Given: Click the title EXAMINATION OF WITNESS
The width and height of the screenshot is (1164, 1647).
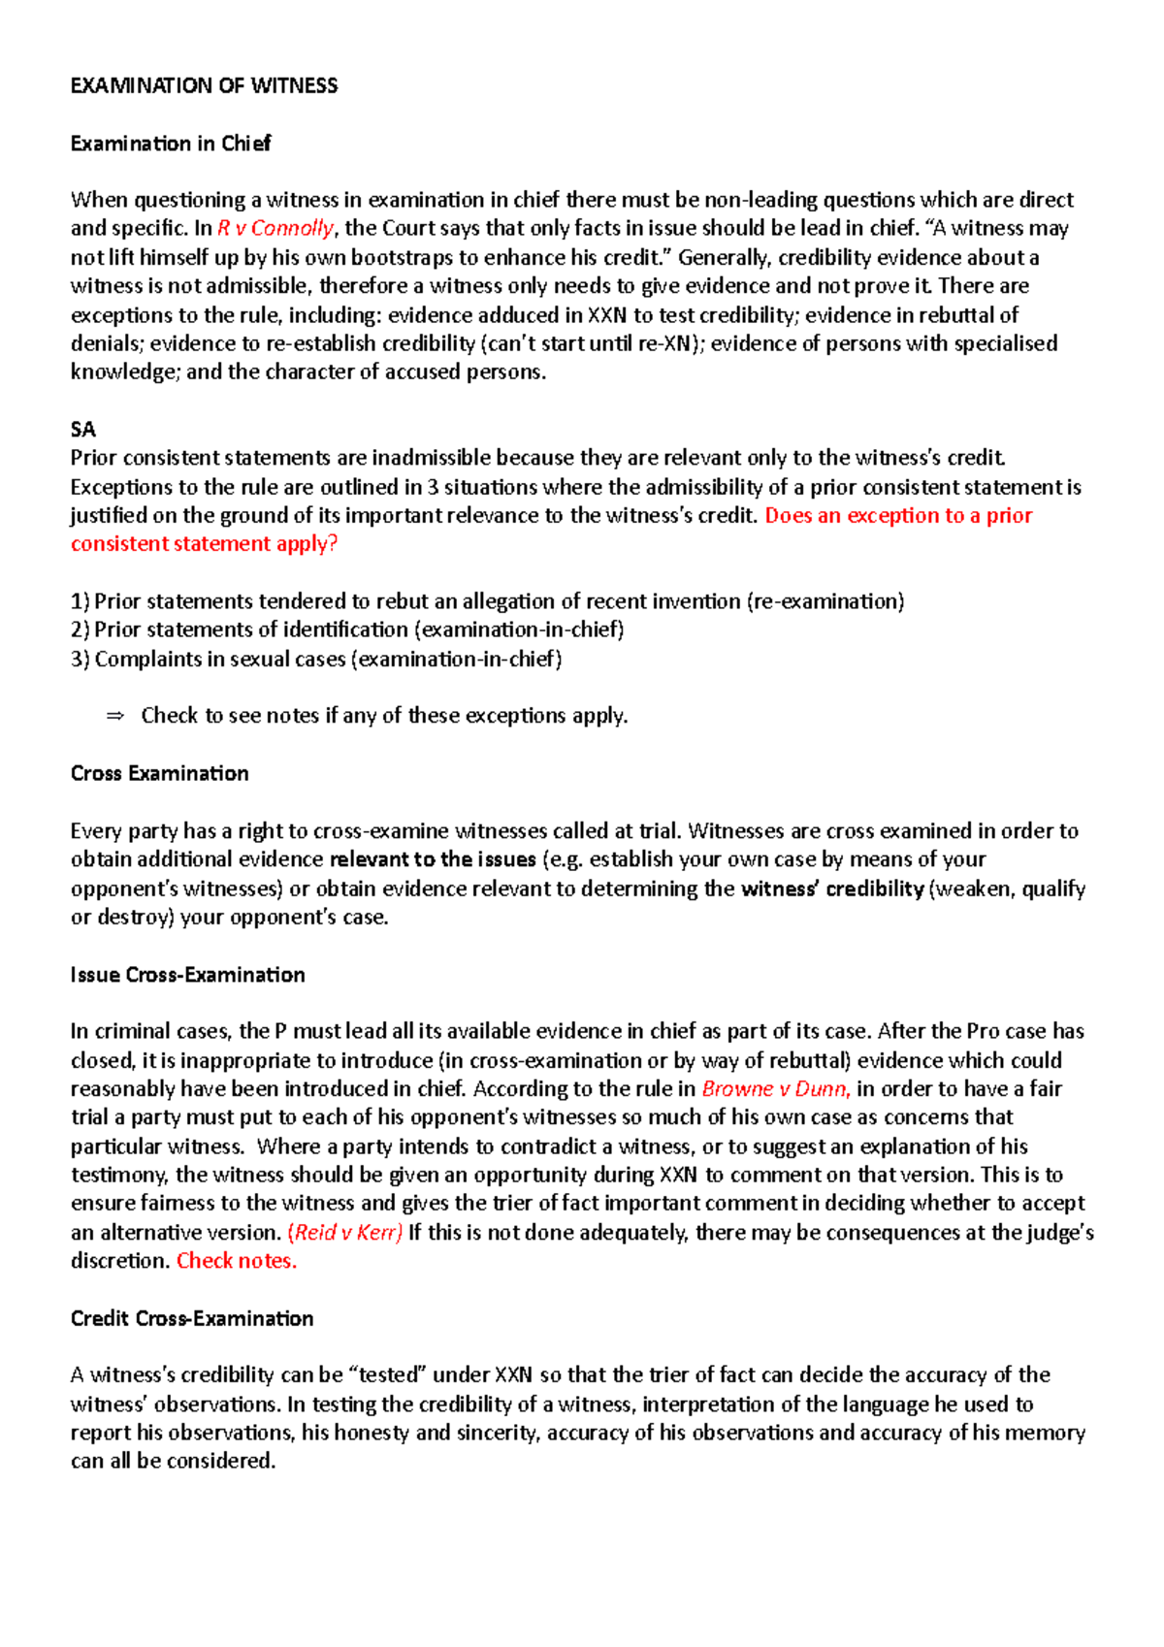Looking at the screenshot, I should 204,85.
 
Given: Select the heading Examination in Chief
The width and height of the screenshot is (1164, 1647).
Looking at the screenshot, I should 171,144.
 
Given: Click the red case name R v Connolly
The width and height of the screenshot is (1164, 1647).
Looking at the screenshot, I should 275,229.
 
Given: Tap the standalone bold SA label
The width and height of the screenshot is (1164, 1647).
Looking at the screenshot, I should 83,430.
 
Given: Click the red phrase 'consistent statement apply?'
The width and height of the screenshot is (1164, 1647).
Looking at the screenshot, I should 204,544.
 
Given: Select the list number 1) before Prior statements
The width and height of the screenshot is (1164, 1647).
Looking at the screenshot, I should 80,601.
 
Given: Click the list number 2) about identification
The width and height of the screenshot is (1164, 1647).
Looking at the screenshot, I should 80,630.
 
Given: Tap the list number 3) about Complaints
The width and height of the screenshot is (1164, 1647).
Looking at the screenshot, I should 80,660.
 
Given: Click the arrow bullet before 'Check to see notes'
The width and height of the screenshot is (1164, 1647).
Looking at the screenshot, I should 115,716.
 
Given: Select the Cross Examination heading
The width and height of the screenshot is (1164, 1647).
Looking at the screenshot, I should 159,774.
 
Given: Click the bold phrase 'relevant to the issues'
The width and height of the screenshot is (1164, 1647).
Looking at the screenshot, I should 433,860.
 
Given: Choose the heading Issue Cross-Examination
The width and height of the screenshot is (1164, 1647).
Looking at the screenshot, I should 187,976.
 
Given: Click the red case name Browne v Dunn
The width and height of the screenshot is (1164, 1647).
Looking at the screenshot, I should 776,1089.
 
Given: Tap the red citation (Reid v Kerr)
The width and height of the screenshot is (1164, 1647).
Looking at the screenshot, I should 345,1233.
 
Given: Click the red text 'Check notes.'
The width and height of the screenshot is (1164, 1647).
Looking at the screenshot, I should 237,1262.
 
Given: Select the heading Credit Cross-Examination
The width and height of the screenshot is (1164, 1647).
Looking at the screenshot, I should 192,1319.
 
